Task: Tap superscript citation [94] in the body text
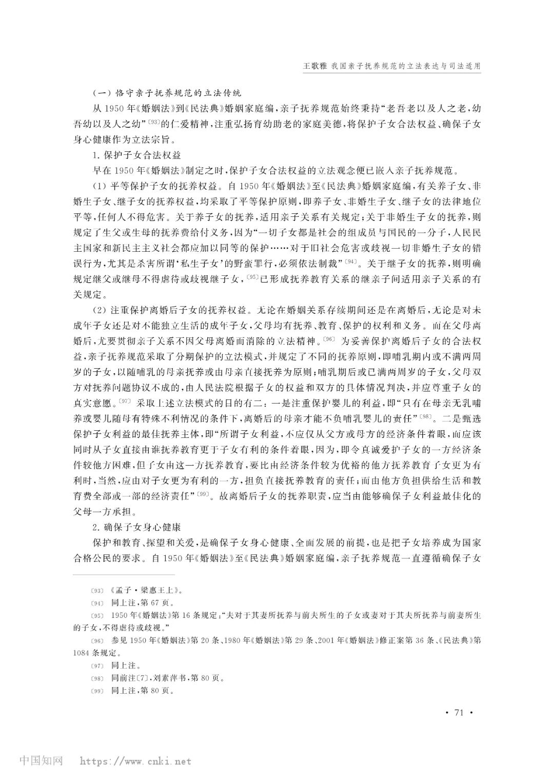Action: [x=350, y=262]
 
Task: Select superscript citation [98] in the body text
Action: [x=426, y=414]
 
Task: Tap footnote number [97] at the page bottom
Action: [x=97, y=666]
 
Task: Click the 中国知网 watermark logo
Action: [x=41, y=760]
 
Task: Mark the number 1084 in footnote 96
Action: [x=84, y=653]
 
